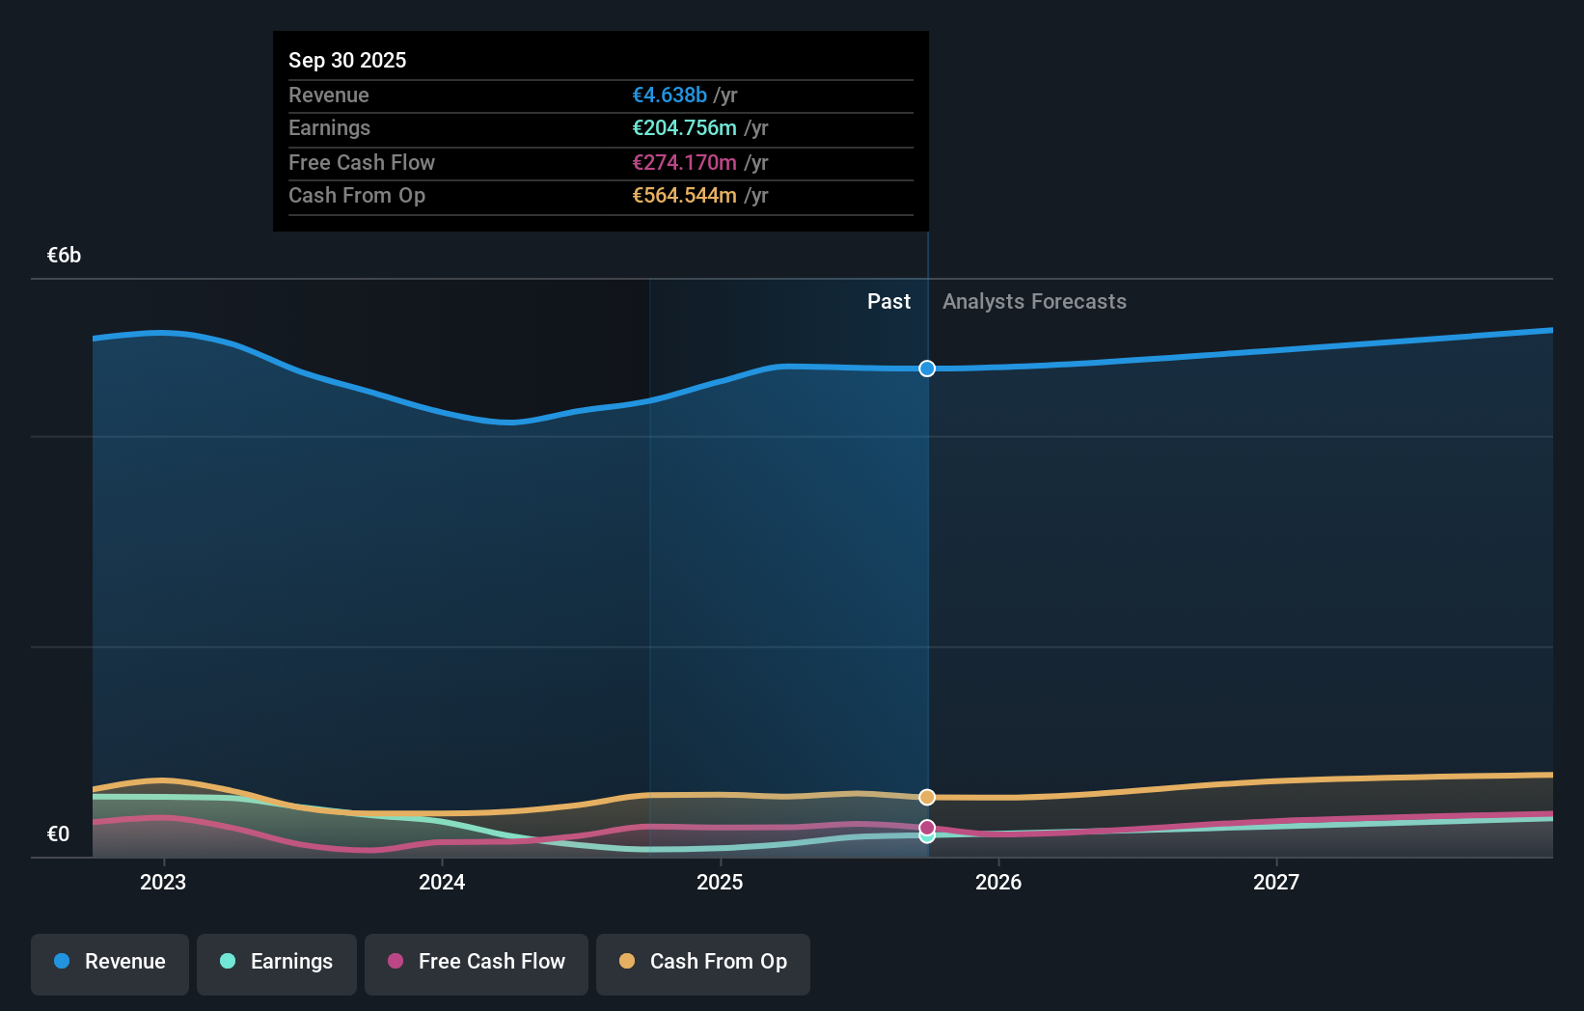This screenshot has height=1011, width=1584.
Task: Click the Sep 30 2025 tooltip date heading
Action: pyautogui.click(x=347, y=60)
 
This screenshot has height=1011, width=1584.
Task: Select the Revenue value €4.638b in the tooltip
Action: pyautogui.click(x=669, y=95)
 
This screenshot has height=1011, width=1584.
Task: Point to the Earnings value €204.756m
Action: pyautogui.click(x=684, y=128)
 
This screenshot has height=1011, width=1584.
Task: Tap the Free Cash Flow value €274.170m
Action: pyautogui.click(x=684, y=162)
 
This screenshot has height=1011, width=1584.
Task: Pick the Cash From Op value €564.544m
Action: pyautogui.click(x=684, y=196)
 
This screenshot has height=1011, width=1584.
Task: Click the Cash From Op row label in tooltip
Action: pyautogui.click(x=357, y=196)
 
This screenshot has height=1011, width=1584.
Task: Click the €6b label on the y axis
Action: pyautogui.click(x=65, y=256)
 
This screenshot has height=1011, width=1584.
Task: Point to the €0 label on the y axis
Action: pyautogui.click(x=58, y=834)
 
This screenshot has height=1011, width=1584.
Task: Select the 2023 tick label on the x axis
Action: pyautogui.click(x=163, y=882)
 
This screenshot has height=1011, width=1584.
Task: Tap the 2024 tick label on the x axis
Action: pyautogui.click(x=442, y=882)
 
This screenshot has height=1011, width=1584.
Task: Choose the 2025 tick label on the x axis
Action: pyautogui.click(x=720, y=882)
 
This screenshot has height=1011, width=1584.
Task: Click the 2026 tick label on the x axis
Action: pyautogui.click(x=998, y=882)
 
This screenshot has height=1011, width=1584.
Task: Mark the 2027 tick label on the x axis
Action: pyautogui.click(x=1276, y=882)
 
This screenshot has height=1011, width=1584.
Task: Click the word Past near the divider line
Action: pyautogui.click(x=888, y=302)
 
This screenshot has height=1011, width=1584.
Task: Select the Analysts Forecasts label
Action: pyautogui.click(x=1034, y=302)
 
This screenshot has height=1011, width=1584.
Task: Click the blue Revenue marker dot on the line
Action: pyautogui.click(x=927, y=369)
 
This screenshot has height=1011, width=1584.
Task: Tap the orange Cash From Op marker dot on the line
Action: pyautogui.click(x=927, y=797)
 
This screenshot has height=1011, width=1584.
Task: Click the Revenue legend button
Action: pyautogui.click(x=110, y=962)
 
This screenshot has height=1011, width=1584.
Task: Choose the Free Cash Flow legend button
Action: pyautogui.click(x=477, y=962)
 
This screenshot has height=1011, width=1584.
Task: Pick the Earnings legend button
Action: pyautogui.click(x=277, y=962)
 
